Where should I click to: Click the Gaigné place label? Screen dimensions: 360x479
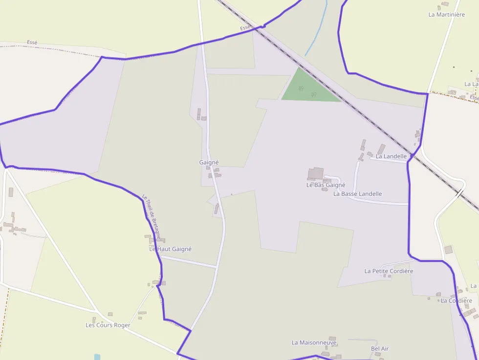[209, 162]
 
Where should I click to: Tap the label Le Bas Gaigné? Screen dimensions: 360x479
[326, 185]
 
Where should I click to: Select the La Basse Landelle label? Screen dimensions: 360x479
[357, 194]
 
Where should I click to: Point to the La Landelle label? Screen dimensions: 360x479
[391, 156]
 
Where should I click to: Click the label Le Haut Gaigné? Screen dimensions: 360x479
[170, 249]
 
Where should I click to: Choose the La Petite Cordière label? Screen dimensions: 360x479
[389, 271]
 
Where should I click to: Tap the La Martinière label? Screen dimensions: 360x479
[446, 15]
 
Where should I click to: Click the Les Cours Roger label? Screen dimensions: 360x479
[108, 325]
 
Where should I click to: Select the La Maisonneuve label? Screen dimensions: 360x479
[314, 343]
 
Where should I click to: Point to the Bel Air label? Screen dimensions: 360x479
[380, 349]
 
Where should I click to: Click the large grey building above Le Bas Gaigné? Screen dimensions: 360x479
[315, 173]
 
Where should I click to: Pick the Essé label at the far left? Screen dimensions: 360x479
[32, 43]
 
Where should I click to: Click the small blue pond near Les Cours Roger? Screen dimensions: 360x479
[97, 357]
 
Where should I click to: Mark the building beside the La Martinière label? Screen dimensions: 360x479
[444, 4]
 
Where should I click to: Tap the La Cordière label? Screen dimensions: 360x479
[456, 301]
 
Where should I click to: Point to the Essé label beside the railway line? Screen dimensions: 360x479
[245, 28]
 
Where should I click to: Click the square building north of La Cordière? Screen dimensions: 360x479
[448, 250]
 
